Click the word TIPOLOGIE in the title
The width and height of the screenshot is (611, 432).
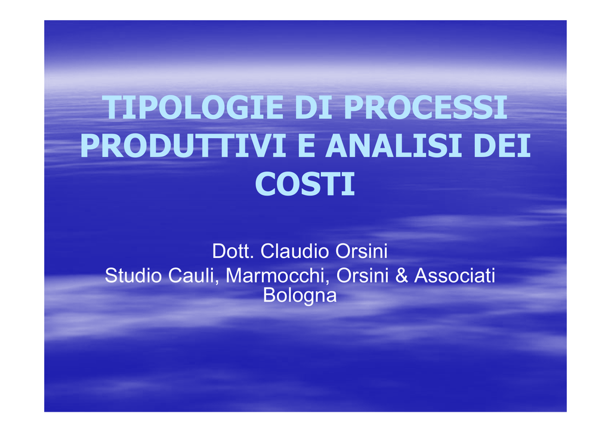point(193,107)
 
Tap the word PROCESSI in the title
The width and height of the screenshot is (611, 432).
point(425,107)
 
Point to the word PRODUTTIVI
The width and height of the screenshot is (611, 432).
point(183,145)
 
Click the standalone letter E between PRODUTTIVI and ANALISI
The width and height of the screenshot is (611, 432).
point(306,145)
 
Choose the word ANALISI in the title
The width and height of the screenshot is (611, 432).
point(394,145)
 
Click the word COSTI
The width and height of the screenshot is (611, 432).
point(305,184)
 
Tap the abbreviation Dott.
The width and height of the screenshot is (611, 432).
point(233,251)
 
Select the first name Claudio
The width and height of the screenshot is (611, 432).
point(295,251)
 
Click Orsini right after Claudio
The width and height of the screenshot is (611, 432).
point(362,251)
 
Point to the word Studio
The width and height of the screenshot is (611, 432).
point(133,275)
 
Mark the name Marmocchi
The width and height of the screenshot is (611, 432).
point(275,275)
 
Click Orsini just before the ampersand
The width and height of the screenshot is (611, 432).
point(362,275)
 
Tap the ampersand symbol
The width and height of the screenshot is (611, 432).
point(402,275)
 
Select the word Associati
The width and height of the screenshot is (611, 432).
point(455,275)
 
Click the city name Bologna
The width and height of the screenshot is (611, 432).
point(300,296)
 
